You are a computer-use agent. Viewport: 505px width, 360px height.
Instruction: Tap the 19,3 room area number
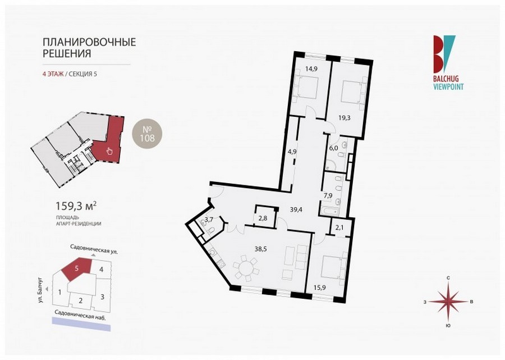click(x=345, y=118)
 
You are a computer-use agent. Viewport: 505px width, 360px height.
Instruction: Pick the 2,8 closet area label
click(x=263, y=217)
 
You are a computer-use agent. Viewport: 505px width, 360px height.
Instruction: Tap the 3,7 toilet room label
click(x=209, y=220)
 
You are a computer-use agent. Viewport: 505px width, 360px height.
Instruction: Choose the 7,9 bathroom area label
click(x=328, y=195)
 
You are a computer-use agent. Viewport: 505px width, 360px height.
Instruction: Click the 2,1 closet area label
click(x=339, y=228)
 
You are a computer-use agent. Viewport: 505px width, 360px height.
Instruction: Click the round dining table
click(x=246, y=267)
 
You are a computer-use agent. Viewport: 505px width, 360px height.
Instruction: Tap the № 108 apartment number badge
click(x=148, y=134)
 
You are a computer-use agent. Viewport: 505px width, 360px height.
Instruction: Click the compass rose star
click(x=448, y=302)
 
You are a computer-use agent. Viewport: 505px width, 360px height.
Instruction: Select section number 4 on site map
click(x=102, y=269)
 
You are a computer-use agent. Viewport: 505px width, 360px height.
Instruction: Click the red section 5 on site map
click(x=77, y=268)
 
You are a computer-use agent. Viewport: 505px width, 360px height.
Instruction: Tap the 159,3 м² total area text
click(x=77, y=206)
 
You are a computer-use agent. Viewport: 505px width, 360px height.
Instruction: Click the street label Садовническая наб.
click(x=80, y=313)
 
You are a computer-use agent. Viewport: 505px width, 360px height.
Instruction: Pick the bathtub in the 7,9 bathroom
click(x=329, y=212)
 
